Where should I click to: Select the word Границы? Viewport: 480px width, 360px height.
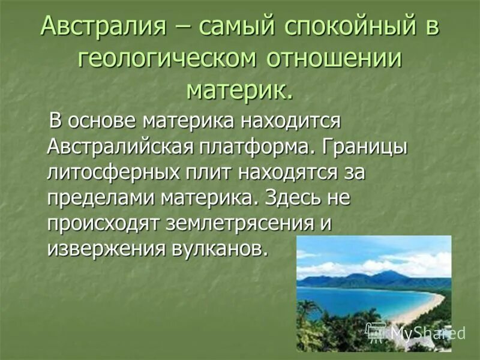coord(368,146)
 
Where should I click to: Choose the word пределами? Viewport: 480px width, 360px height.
coord(99,197)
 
